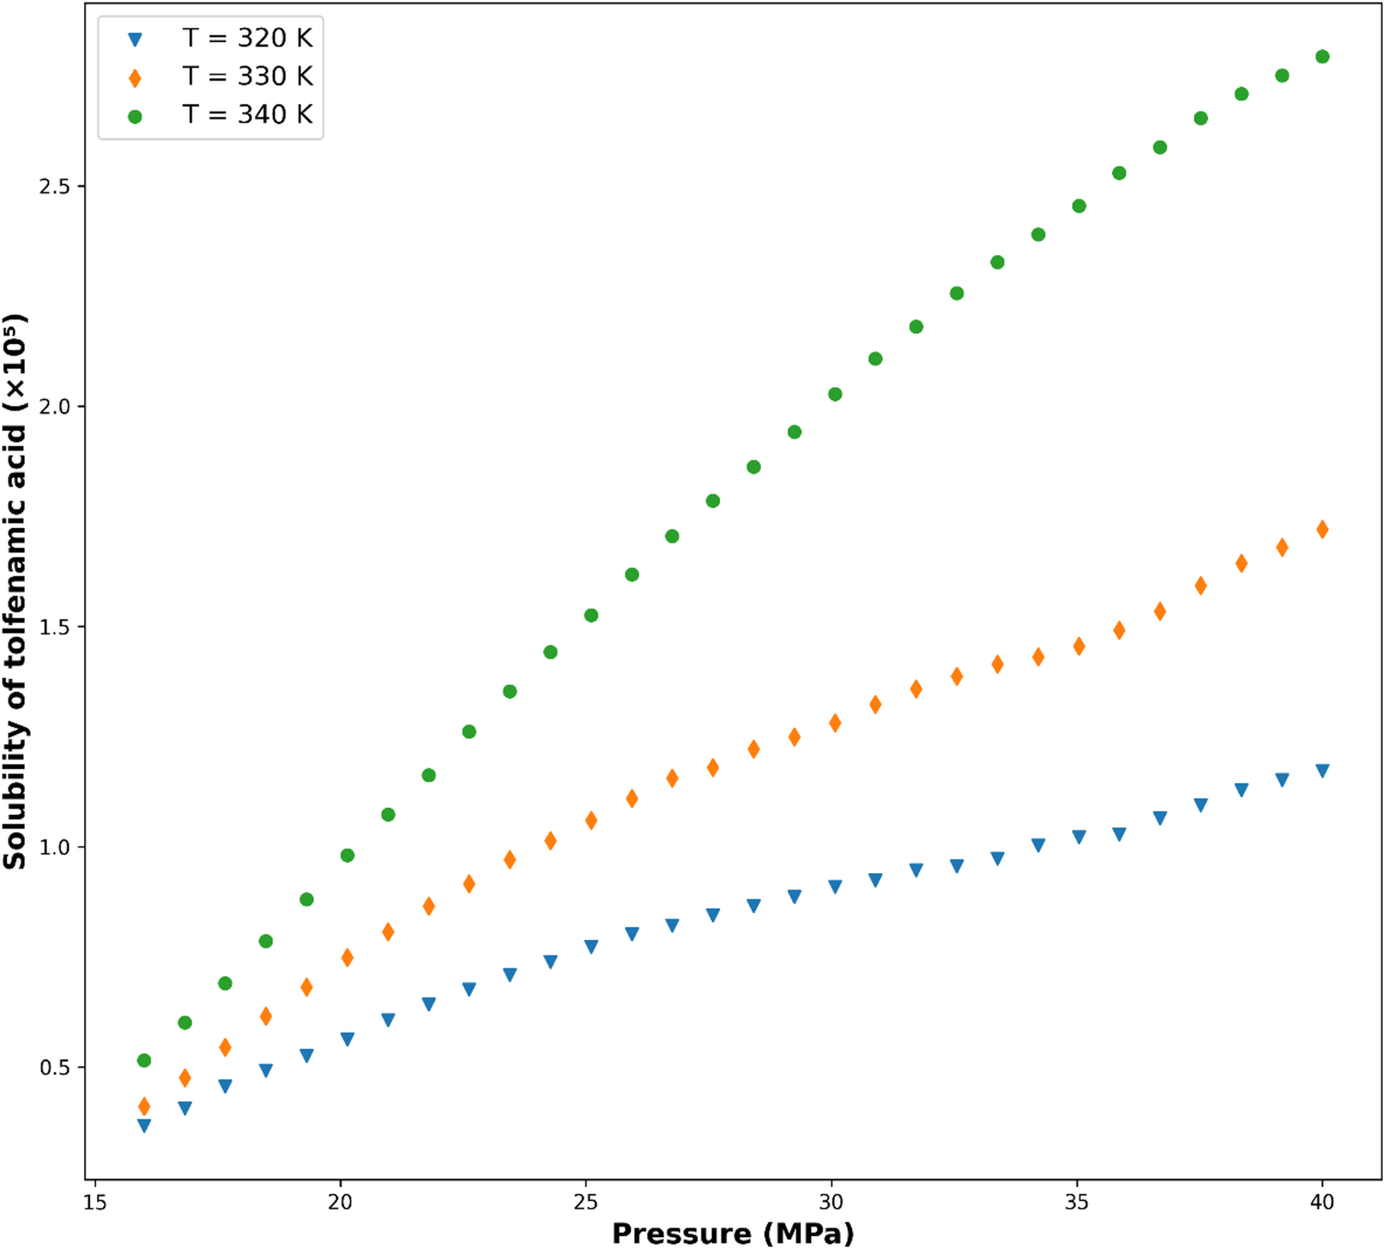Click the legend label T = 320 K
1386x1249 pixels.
coord(247,38)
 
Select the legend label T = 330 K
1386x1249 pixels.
coord(247,76)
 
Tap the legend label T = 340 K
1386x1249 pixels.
coord(247,114)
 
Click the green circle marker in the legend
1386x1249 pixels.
coord(135,116)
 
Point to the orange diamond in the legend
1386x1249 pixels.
coord(135,78)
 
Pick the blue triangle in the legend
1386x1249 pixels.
coord(135,39)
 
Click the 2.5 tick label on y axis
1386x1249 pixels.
coord(55,186)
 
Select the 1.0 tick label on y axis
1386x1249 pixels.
coord(55,847)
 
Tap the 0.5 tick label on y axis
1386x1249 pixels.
coord(55,1067)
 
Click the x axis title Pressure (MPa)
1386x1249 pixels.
coord(733,1234)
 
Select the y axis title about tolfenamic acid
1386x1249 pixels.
coord(15,591)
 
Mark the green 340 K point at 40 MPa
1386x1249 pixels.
coord(1322,57)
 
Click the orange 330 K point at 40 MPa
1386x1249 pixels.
coord(1322,530)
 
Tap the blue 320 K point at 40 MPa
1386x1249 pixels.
coord(1322,770)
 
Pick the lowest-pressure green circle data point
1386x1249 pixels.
coord(144,1061)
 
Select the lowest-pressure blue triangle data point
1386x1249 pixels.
coord(144,1125)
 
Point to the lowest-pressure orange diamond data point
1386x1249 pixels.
coord(144,1107)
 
